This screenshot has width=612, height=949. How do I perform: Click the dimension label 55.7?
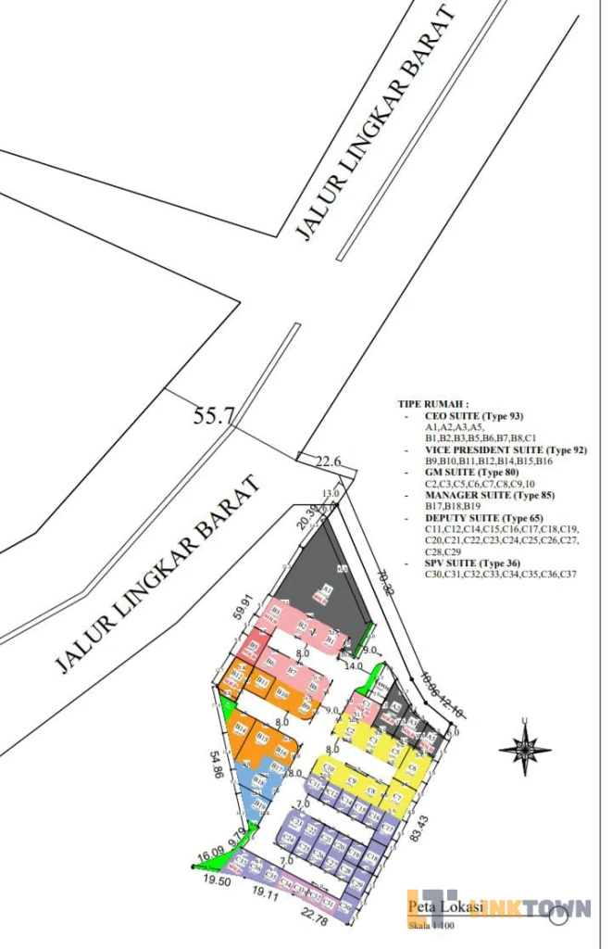(x=213, y=416)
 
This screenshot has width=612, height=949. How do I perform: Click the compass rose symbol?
(x=525, y=747)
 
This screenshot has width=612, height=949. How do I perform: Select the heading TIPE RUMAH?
(x=432, y=405)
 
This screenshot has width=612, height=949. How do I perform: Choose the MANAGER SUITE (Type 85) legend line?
(x=482, y=496)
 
